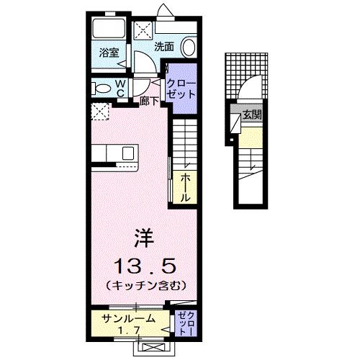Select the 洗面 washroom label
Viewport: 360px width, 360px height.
tap(164, 46)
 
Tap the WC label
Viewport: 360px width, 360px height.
tap(120, 88)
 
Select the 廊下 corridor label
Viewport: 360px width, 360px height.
tap(149, 102)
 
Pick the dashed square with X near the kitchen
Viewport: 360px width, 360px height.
tap(99, 111)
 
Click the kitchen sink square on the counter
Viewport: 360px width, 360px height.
tap(127, 153)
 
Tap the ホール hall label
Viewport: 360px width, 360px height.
tap(185, 186)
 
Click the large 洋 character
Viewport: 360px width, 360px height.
tap(144, 235)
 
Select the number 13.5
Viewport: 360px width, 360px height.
tap(144, 261)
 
